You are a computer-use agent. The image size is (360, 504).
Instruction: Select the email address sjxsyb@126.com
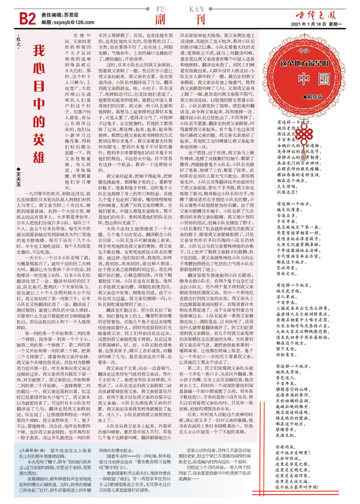click(x=69, y=24)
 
